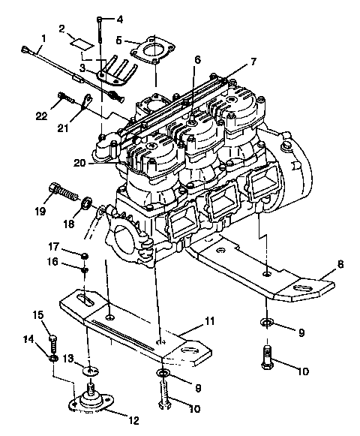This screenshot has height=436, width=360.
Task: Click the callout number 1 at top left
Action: click(43, 38)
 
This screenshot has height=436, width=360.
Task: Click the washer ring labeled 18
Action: click(88, 203)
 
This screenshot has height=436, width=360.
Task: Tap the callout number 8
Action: click(340, 263)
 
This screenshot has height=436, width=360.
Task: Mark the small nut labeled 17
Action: click(83, 256)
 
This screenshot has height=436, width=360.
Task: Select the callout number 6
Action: click(197, 59)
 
